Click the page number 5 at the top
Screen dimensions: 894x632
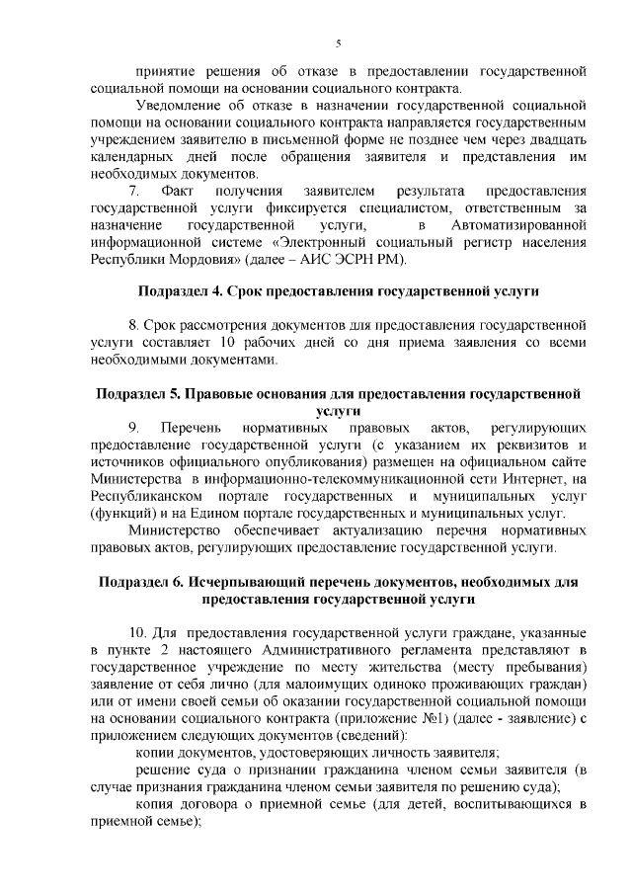click(x=338, y=43)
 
